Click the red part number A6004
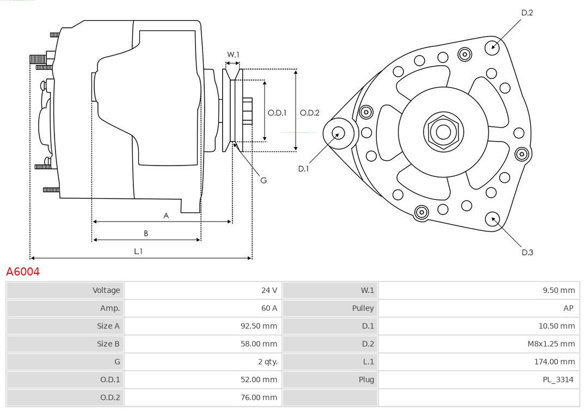[23, 271]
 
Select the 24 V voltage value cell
[269, 290]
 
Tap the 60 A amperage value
[269, 308]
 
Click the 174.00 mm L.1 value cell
[554, 362]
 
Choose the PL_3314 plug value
[558, 380]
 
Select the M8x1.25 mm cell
[551, 344]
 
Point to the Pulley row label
[363, 308]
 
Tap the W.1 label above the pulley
[233, 54]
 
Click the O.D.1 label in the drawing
[277, 113]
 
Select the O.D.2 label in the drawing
[310, 113]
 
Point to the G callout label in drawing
[264, 180]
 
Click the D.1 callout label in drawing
[303, 169]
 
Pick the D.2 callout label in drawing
[527, 13]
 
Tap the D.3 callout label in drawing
[527, 252]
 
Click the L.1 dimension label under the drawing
[138, 251]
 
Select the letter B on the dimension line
[146, 233]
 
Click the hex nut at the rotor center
[443, 131]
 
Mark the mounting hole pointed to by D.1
[338, 132]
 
